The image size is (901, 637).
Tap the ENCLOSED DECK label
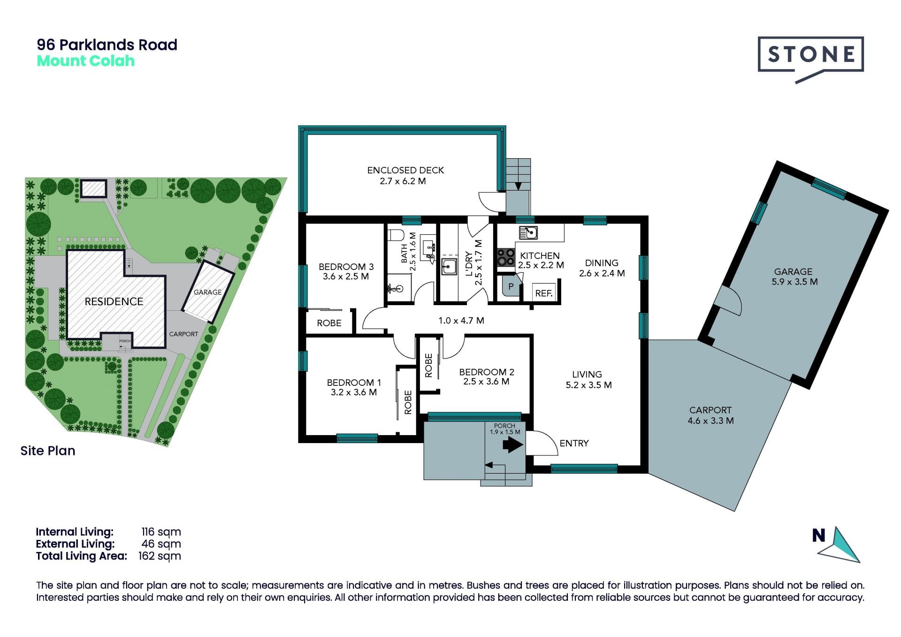(x=405, y=170)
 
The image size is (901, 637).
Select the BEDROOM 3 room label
(x=346, y=267)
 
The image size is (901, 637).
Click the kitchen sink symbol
(x=528, y=232)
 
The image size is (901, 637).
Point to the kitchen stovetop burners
(x=506, y=257)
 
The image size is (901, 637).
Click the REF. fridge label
(x=544, y=293)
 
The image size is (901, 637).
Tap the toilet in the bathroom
(x=396, y=235)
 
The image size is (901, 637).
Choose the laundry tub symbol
(x=449, y=267)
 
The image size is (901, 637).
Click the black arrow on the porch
(x=513, y=444)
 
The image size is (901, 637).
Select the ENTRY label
(x=574, y=443)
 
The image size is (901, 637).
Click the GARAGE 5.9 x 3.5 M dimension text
(x=794, y=282)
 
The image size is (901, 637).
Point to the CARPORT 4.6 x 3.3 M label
(x=710, y=415)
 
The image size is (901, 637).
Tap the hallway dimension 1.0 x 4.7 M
(x=461, y=321)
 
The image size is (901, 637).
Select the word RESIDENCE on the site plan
(x=114, y=301)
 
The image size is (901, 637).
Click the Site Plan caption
(x=48, y=451)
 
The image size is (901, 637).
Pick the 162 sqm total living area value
(x=160, y=556)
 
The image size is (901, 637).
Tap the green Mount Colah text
(x=86, y=61)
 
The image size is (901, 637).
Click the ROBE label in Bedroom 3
(x=329, y=323)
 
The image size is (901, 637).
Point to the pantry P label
(x=511, y=286)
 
